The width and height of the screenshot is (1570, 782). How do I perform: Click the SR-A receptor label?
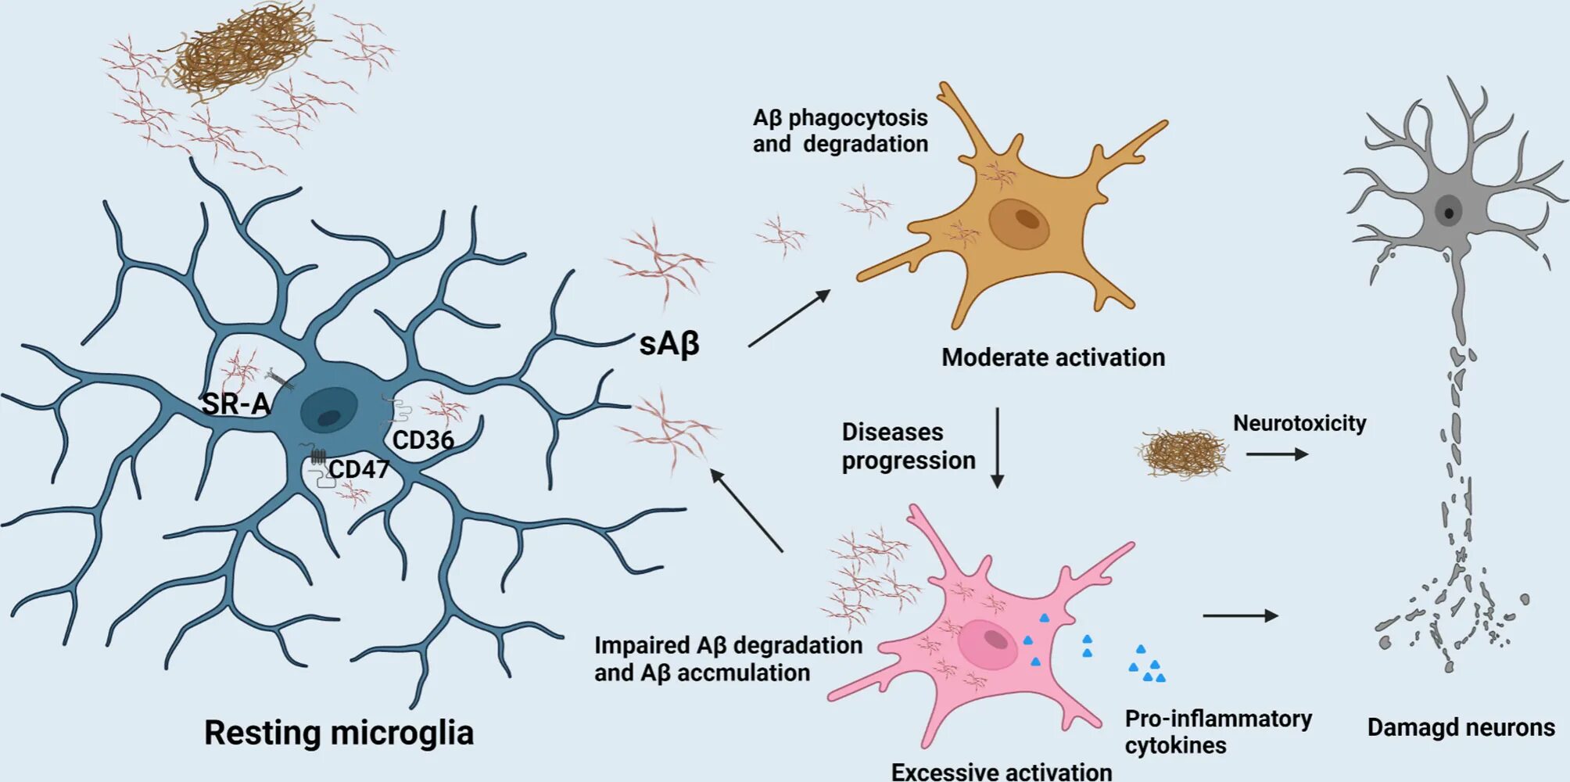pos(235,404)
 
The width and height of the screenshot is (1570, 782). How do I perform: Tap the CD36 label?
pos(423,440)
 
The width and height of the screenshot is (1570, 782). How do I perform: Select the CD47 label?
pos(358,469)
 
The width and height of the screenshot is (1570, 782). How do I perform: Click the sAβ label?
pos(669,343)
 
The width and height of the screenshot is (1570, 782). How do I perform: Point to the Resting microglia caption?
pos(339,733)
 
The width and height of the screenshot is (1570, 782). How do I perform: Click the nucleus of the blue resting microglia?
pos(329,409)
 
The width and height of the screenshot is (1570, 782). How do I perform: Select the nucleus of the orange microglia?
pos(1019,223)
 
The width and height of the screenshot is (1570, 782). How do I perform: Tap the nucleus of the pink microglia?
pos(988,644)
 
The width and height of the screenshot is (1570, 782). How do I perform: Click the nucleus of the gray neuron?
pos(1448,211)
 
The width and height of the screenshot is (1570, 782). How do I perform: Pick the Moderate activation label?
pos(1052,357)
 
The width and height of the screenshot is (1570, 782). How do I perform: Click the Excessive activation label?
pos(1002,771)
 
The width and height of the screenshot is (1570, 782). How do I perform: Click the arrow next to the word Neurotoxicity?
pos(1277,454)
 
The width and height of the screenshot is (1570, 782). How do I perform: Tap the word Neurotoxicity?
pos(1299,423)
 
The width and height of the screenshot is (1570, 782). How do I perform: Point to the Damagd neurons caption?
pos(1461,727)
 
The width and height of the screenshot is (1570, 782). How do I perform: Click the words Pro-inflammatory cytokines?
pos(1217,731)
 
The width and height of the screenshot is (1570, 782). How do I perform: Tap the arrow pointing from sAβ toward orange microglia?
pos(789,317)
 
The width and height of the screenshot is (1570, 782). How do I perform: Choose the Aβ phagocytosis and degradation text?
pos(840,131)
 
